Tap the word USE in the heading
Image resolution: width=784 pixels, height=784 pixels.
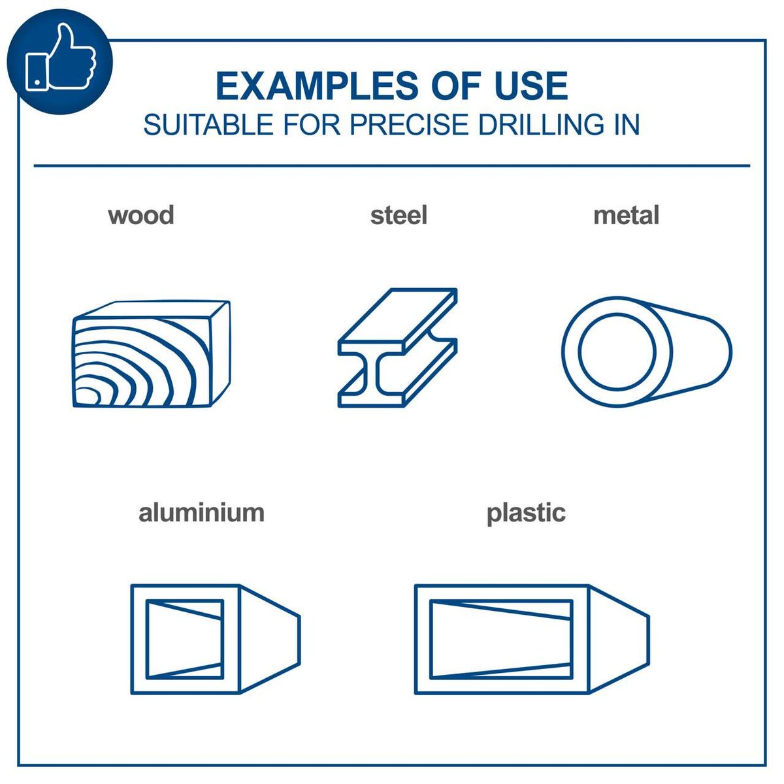click(531, 86)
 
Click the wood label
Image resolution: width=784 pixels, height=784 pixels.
click(141, 215)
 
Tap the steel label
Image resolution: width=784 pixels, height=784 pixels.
click(399, 215)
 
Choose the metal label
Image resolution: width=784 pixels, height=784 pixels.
click(626, 215)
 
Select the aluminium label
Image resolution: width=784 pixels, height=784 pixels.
click(201, 512)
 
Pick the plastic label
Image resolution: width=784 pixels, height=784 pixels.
click(526, 512)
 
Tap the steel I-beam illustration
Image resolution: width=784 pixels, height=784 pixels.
click(397, 348)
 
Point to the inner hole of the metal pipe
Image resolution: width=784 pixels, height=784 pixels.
click(617, 351)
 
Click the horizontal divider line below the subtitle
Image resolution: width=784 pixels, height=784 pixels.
click(392, 166)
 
